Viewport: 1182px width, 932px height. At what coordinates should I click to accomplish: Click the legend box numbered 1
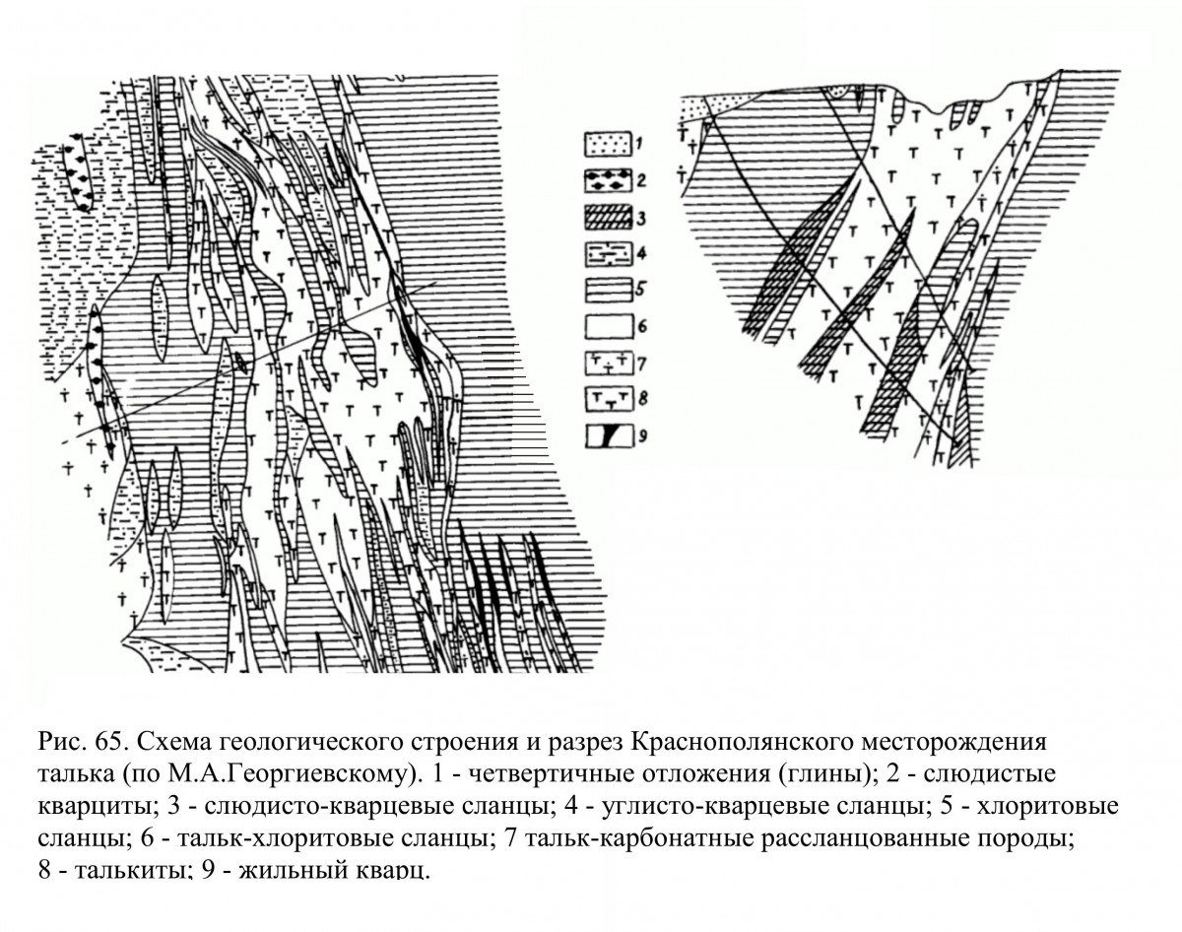tap(607, 144)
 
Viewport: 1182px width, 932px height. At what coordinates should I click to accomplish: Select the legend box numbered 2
tap(607, 181)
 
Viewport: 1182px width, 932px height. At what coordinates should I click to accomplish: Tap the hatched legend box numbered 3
tap(607, 218)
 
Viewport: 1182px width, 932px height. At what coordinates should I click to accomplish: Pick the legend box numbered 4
tap(607, 254)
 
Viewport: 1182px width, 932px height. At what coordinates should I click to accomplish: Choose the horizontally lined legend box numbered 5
tap(607, 291)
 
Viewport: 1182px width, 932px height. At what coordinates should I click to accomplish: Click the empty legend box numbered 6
tap(607, 327)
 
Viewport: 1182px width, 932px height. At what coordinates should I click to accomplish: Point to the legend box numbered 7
tap(607, 364)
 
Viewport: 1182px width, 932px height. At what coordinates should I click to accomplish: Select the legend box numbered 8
tap(607, 400)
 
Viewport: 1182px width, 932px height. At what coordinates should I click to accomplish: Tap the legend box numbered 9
tap(607, 436)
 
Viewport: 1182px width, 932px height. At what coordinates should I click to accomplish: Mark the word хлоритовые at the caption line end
tap(1037, 807)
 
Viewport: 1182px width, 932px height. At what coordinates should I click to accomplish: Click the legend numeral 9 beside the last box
tap(642, 436)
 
